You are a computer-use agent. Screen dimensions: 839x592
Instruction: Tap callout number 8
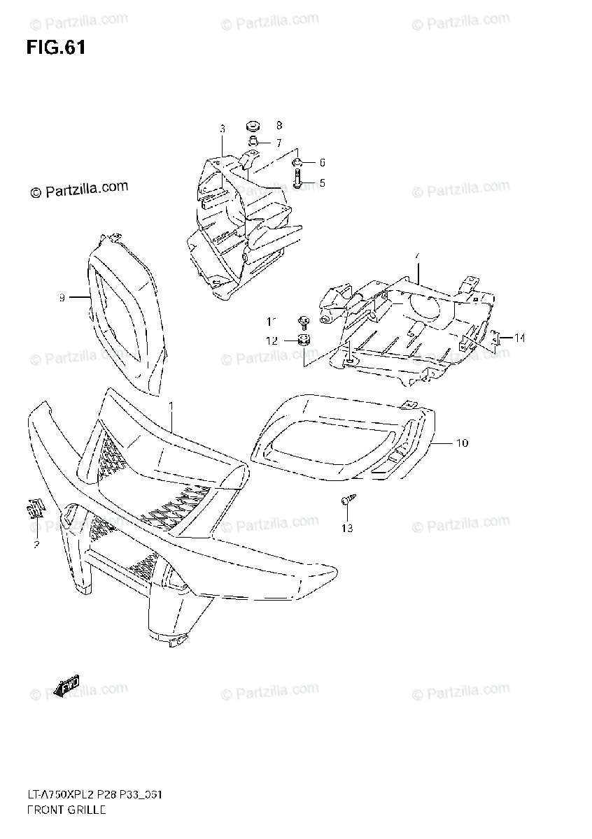click(x=279, y=126)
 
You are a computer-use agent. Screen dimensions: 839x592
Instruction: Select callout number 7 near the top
click(x=278, y=143)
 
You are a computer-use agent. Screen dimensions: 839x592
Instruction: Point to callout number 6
click(x=322, y=163)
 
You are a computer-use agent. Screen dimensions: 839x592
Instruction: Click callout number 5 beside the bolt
click(x=322, y=183)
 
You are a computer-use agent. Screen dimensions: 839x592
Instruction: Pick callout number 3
click(x=222, y=129)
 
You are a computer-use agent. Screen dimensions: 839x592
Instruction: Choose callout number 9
click(x=62, y=298)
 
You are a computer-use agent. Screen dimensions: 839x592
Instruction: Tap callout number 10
click(x=462, y=443)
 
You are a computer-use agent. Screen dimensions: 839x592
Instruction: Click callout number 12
click(x=272, y=340)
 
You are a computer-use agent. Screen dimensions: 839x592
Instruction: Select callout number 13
click(x=347, y=528)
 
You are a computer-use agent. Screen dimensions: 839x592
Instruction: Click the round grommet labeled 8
click(x=253, y=127)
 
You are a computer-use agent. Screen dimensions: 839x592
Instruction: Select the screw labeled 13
click(x=346, y=501)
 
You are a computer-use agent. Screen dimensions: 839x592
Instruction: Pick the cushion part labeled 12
click(x=304, y=341)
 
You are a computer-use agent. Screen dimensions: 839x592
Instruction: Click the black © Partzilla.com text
click(x=78, y=189)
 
